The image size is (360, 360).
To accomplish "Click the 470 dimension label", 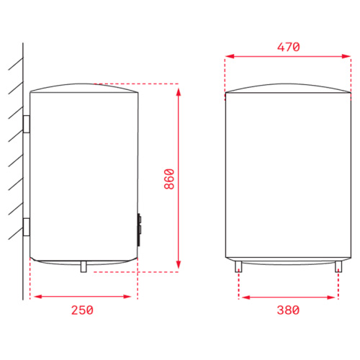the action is click(289, 47).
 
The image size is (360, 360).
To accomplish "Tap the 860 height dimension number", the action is click(169, 179).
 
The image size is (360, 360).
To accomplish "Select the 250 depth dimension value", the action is click(82, 310).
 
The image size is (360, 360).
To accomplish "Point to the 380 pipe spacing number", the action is click(288, 310).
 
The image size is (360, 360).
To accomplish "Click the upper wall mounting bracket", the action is click(27, 124).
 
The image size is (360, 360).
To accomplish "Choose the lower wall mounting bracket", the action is click(27, 227).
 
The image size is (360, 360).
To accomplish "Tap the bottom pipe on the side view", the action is click(84, 266).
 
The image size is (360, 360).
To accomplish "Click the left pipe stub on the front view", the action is click(238, 266).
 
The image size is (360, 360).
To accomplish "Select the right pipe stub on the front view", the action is click(338, 266).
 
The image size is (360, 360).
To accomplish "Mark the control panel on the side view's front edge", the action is click(139, 230).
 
